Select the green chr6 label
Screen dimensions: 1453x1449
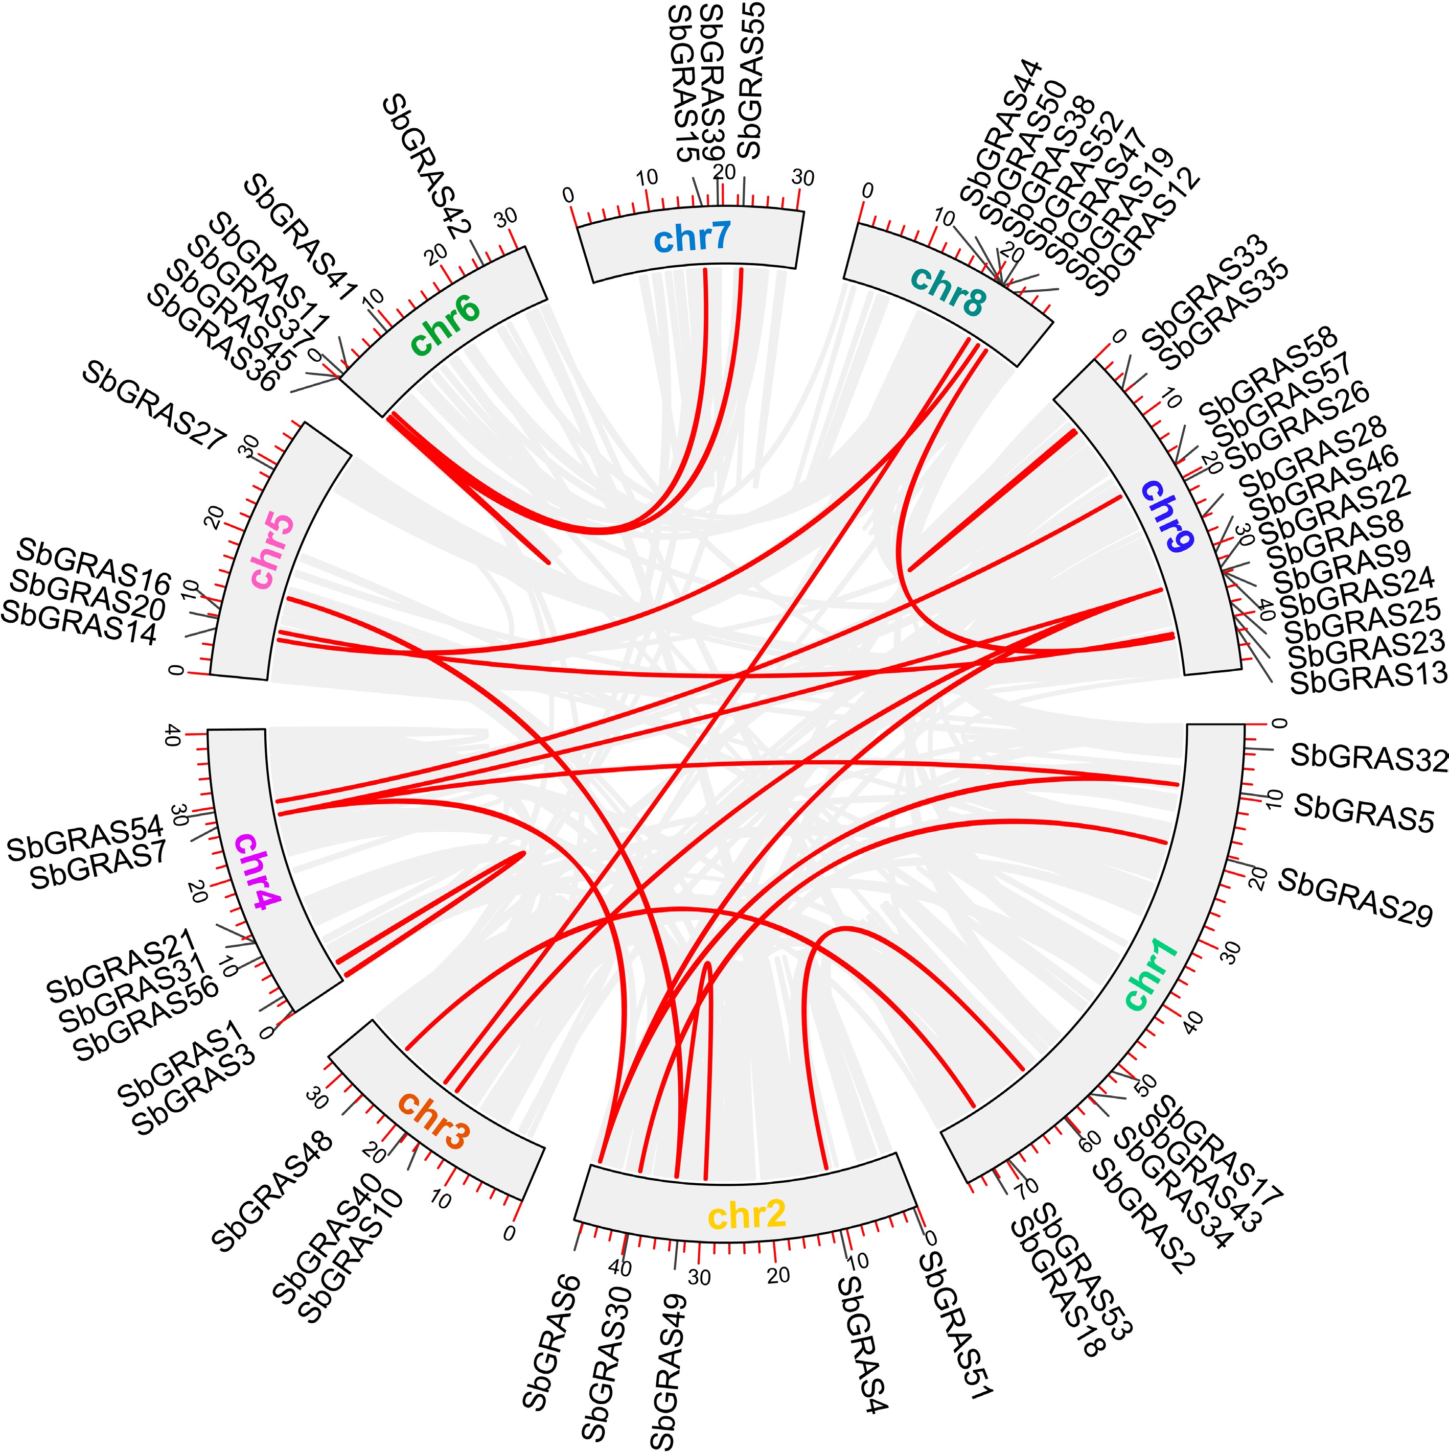[445, 326]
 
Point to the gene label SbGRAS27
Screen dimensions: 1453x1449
[154, 405]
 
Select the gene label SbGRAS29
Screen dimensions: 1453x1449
[1355, 897]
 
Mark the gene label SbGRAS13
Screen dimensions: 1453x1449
[1368, 679]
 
